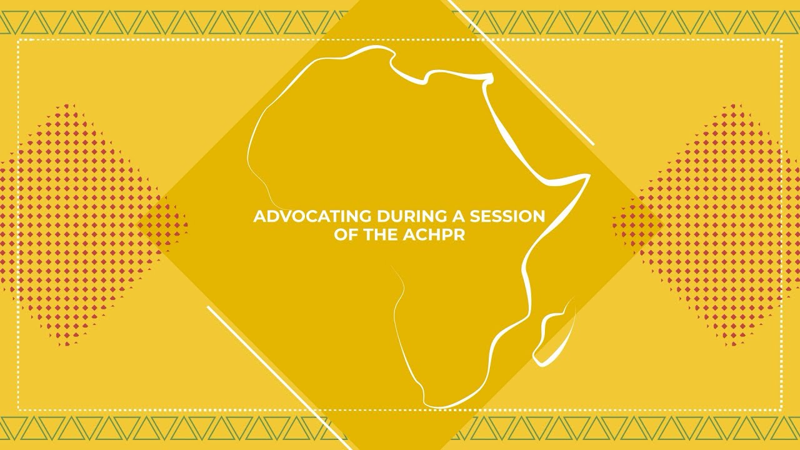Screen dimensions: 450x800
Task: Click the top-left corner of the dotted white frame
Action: [x=18, y=40]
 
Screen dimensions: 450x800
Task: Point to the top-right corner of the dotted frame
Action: [x=782, y=40]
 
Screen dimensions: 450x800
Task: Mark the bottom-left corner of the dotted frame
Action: [x=18, y=409]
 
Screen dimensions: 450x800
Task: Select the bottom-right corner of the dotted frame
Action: [x=782, y=409]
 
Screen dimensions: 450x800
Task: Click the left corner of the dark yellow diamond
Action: [x=164, y=225]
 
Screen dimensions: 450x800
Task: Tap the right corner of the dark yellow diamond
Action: [x=636, y=225]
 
